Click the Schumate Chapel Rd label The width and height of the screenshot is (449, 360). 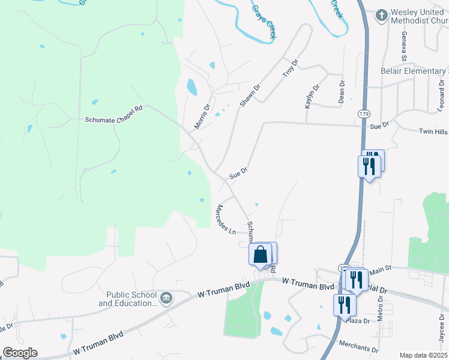[113, 119]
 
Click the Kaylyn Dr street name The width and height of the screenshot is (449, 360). [311, 95]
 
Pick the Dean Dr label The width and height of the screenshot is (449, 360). [341, 92]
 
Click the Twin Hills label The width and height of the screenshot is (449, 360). [433, 131]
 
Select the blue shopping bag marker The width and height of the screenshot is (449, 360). [261, 255]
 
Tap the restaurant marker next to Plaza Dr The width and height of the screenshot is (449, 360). [344, 305]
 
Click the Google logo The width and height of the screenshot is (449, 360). [19, 352]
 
